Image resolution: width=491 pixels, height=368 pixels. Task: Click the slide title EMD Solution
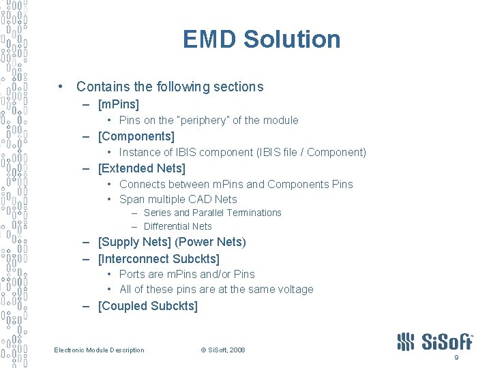[261, 40]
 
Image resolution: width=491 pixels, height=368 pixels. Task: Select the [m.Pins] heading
[119, 104]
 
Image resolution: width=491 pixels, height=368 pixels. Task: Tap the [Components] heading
[136, 136]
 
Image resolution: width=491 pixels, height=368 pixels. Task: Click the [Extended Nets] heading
[142, 168]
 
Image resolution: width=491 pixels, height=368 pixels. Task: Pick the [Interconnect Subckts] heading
[159, 259]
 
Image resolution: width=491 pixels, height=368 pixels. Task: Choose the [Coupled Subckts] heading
[148, 306]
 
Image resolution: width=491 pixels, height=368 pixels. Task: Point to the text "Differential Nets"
[178, 226]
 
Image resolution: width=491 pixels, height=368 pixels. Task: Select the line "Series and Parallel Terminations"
[212, 213]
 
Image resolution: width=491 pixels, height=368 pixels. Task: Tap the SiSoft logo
[434, 341]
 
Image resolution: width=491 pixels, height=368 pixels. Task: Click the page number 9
[456, 358]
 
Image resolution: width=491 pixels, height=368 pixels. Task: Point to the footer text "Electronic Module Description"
[100, 350]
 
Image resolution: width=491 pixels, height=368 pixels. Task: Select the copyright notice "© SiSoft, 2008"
[223, 350]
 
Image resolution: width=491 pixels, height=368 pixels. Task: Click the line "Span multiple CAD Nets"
[178, 200]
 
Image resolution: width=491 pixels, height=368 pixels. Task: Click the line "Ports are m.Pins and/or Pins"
[187, 275]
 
